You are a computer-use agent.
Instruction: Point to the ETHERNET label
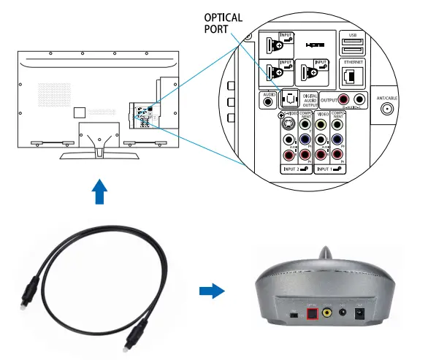point(354,62)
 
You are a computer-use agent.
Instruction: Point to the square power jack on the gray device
point(359,315)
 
